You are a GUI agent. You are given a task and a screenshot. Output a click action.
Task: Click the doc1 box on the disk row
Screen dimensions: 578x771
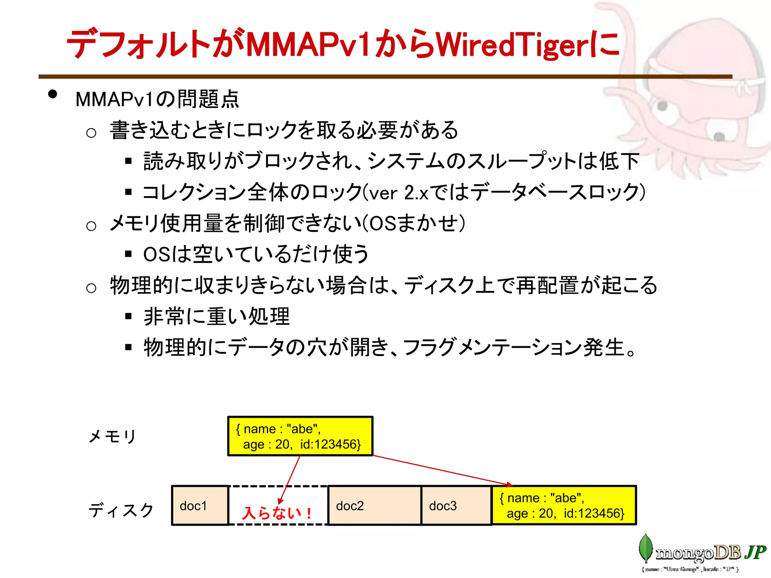[x=200, y=505]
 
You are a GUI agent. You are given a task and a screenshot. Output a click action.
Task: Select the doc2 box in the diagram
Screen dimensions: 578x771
[x=374, y=505]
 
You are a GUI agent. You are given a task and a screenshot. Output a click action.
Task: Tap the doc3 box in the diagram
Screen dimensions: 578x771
[x=456, y=505]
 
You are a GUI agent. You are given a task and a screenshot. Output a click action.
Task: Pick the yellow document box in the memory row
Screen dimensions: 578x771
[x=300, y=436]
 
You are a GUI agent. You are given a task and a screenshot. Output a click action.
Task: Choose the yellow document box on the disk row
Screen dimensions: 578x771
[x=564, y=505]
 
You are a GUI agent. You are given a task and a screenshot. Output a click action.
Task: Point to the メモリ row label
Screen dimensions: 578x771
[x=112, y=437]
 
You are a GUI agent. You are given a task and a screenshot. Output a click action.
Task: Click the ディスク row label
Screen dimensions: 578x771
[x=121, y=510]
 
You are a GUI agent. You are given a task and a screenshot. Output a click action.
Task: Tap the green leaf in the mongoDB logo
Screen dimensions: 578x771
[x=646, y=548]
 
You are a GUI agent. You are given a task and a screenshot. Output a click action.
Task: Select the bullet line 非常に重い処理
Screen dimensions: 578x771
[x=217, y=316]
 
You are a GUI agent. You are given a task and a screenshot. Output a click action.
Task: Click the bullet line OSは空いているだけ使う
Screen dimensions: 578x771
[x=256, y=254]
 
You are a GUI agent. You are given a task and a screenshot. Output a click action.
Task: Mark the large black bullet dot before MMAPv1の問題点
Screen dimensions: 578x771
[x=53, y=94]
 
